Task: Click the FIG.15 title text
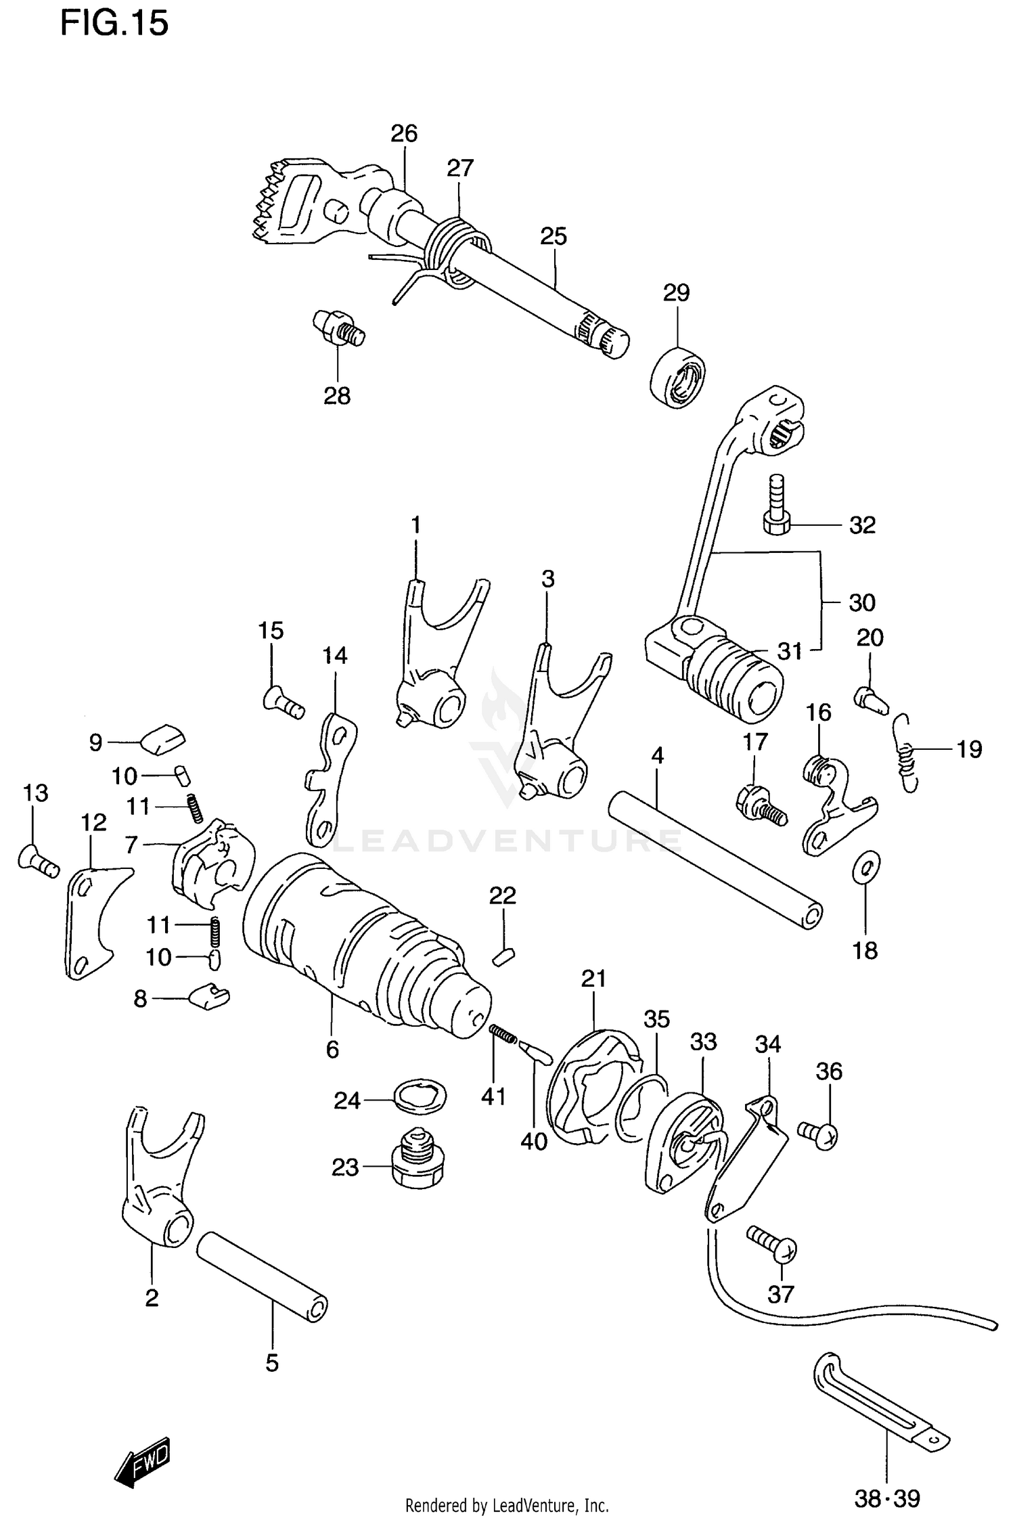click(x=114, y=24)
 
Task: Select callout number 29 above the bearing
click(x=675, y=293)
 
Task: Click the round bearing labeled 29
click(x=677, y=376)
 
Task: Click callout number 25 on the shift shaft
click(x=553, y=236)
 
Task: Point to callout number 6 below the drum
click(x=332, y=1050)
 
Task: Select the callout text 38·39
click(x=886, y=1499)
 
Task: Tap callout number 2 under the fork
click(x=152, y=1297)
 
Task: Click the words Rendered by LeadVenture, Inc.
click(x=506, y=1505)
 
